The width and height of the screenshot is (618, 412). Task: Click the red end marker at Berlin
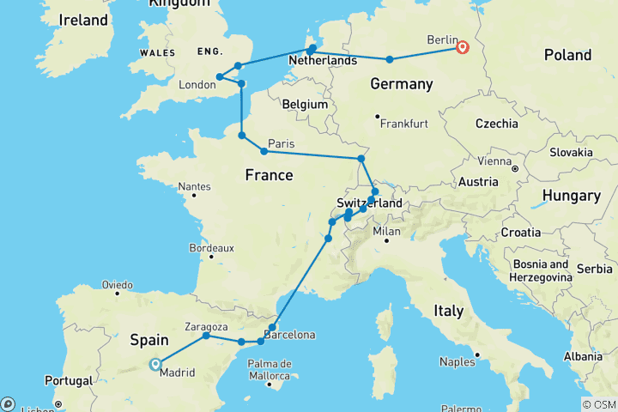[463, 47]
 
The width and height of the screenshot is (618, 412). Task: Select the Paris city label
[282, 142]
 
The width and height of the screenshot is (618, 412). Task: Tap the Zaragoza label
[206, 326]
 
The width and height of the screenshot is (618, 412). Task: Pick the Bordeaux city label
[210, 248]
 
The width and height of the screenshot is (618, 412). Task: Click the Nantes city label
[195, 186]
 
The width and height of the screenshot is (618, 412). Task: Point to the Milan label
[387, 232]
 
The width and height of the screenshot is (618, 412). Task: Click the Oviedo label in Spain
[117, 284]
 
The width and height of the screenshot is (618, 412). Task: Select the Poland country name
[567, 55]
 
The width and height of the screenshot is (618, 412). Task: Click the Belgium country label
[306, 104]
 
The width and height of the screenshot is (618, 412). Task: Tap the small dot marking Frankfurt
[377, 117]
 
